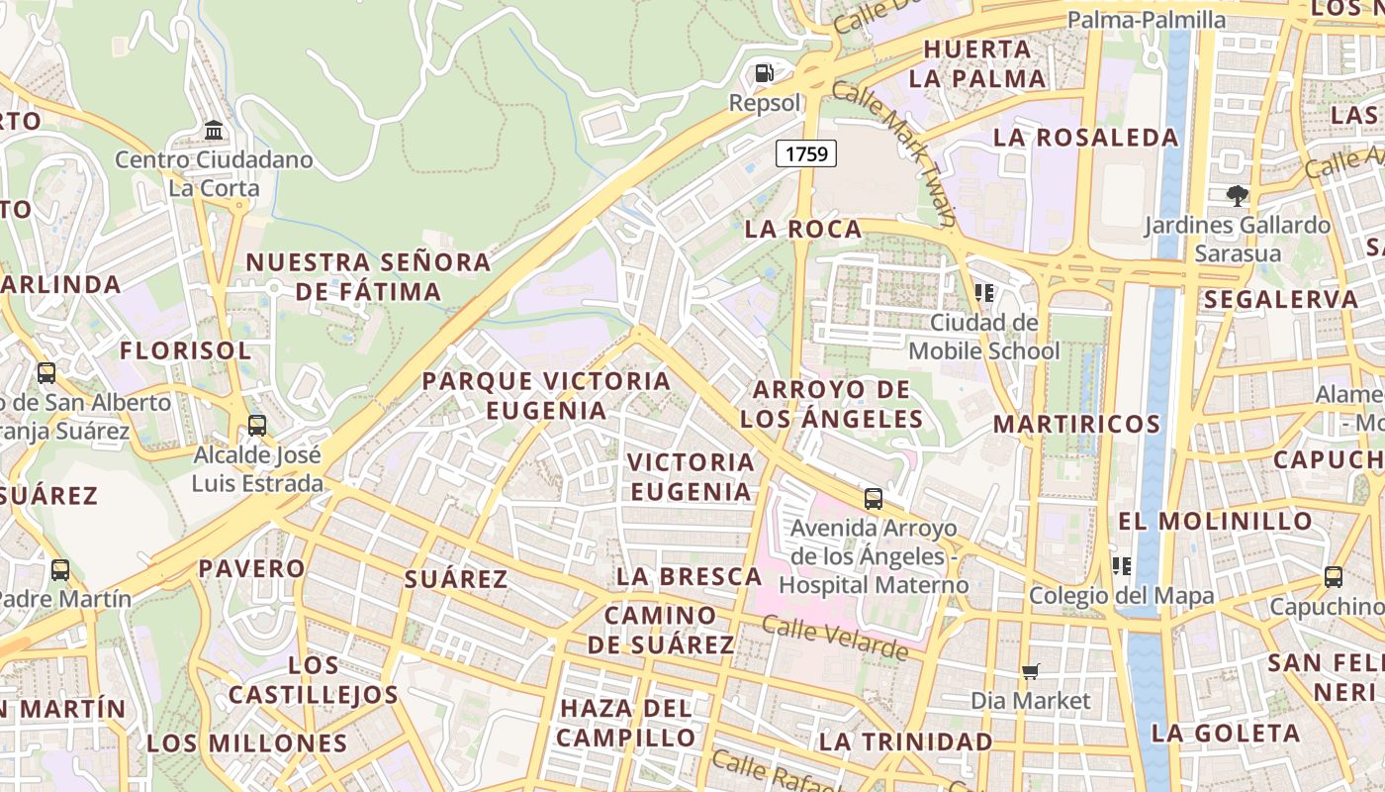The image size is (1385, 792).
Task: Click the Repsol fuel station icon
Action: (x=764, y=73)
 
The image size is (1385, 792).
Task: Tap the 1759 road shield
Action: (x=806, y=153)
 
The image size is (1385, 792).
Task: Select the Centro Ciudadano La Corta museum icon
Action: (x=214, y=130)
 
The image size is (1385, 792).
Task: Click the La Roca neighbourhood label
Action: (x=803, y=230)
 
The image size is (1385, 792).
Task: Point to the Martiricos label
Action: (x=1076, y=424)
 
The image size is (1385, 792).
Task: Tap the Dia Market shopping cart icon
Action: (x=1030, y=672)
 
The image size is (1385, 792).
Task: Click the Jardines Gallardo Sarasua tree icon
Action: (x=1237, y=196)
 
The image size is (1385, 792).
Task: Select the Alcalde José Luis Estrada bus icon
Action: (x=257, y=426)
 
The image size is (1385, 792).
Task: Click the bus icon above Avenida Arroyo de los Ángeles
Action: (x=873, y=499)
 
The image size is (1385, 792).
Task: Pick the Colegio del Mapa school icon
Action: (x=1122, y=566)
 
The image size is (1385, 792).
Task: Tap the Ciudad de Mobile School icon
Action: (x=983, y=292)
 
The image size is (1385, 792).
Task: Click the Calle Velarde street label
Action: (x=835, y=639)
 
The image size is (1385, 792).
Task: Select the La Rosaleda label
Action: (x=1085, y=138)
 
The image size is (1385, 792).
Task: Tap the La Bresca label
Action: (x=689, y=576)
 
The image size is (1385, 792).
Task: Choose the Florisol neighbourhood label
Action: (x=186, y=350)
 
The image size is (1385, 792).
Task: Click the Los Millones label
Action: (x=247, y=743)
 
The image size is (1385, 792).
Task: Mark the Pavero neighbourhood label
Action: (x=252, y=568)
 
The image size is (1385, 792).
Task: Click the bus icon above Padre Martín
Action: (x=60, y=570)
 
